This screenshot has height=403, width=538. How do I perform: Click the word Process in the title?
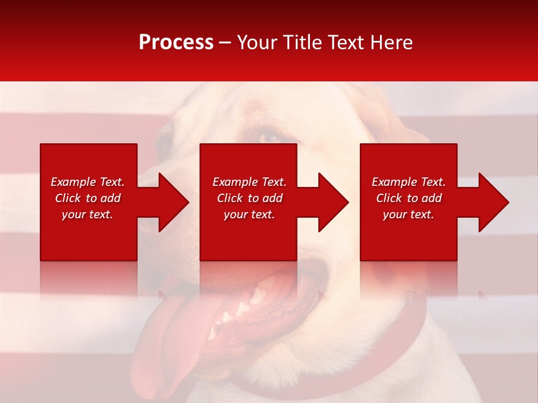pyautogui.click(x=176, y=43)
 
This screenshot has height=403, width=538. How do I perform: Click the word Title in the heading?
pyautogui.click(x=302, y=43)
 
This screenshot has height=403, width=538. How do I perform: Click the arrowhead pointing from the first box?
pyautogui.click(x=173, y=202)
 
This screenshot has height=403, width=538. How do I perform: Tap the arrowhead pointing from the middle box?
pyautogui.click(x=333, y=202)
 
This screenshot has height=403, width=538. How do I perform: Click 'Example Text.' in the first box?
pyautogui.click(x=87, y=182)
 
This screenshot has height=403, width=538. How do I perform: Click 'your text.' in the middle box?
pyautogui.click(x=249, y=214)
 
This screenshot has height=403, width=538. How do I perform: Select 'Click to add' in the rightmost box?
pyautogui.click(x=409, y=198)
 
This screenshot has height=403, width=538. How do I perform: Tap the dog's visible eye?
pyautogui.click(x=270, y=136)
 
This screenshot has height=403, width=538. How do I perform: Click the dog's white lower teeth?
pyautogui.click(x=235, y=313)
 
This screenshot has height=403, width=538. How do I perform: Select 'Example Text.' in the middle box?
pyautogui.click(x=249, y=182)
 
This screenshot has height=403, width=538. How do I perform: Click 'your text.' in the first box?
pyautogui.click(x=87, y=214)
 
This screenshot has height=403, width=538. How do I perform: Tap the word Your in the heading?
pyautogui.click(x=259, y=43)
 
